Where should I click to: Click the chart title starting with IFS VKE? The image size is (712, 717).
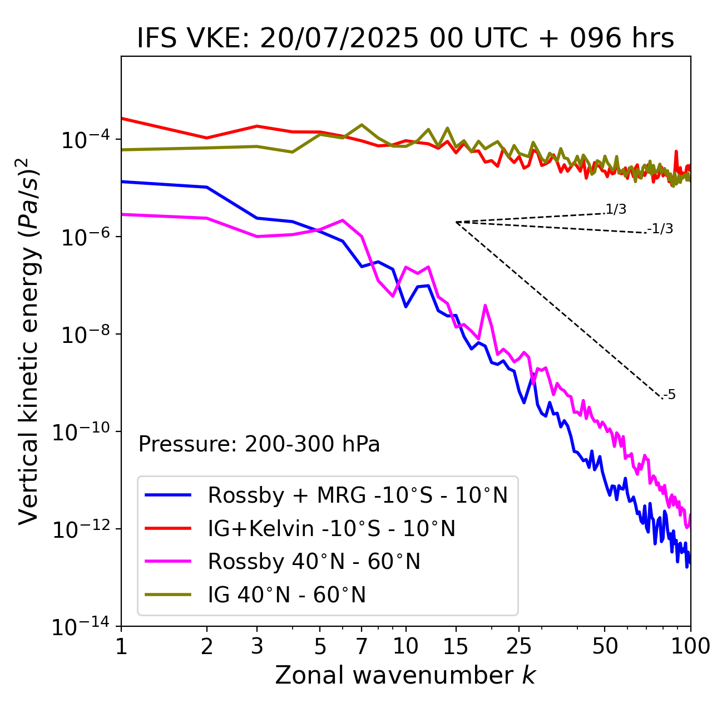point(406,39)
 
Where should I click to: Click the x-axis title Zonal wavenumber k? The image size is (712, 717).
point(405,675)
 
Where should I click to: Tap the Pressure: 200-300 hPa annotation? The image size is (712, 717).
point(259,444)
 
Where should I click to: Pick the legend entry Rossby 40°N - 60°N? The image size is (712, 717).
point(314,562)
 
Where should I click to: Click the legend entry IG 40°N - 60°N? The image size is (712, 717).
point(286,595)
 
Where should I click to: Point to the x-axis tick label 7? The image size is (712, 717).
point(362,646)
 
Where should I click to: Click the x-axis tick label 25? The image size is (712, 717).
point(519,646)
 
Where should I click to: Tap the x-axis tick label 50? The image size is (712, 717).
point(605,646)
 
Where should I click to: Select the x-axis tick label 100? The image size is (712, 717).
point(690,646)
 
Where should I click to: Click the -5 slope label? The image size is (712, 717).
point(669,395)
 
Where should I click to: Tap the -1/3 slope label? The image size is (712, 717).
point(661,229)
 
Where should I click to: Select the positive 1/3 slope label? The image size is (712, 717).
point(616,209)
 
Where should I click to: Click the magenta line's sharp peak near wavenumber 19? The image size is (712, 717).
point(485,306)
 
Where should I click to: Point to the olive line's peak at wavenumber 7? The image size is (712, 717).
point(362,125)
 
